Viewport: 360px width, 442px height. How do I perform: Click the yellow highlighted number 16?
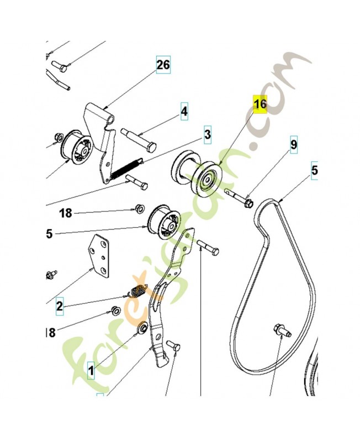260,104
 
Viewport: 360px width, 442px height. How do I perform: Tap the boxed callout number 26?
163,65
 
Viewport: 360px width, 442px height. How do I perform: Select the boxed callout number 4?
184,112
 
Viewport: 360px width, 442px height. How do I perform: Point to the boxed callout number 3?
207,134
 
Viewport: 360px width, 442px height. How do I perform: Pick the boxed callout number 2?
59,304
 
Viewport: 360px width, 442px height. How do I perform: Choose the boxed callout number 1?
91,368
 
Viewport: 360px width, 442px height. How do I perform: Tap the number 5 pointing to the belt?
315,171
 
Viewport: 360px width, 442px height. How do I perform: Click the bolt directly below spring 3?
136,182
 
